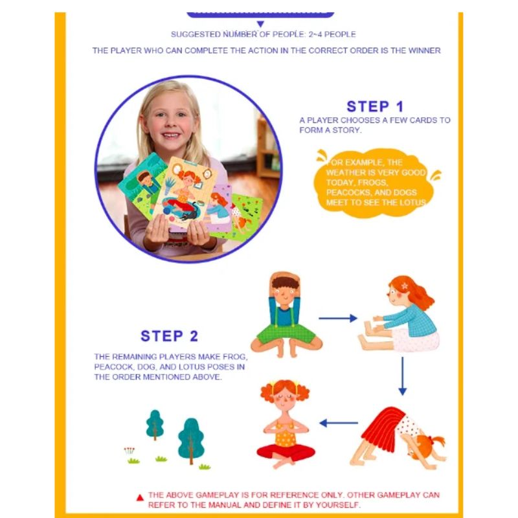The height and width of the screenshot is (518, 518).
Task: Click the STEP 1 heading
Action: pos(375,107)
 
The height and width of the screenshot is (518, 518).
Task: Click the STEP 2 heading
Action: pos(170,336)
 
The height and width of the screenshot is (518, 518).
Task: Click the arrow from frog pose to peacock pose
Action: pos(337,318)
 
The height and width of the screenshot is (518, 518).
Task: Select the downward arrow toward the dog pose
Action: pos(402,375)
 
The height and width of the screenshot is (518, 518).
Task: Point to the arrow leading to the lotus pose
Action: pos(339,423)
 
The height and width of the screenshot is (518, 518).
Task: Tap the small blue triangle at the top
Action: pos(260,24)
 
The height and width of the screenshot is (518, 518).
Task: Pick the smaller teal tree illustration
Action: pos(155,425)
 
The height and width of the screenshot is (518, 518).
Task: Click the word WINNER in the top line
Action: pos(424,51)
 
